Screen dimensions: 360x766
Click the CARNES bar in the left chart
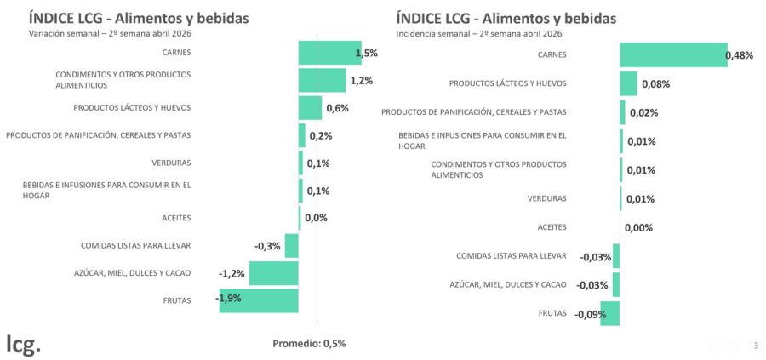(x=329, y=53)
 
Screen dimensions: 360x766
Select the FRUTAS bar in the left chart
(x=259, y=300)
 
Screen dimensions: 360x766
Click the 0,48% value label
(x=739, y=55)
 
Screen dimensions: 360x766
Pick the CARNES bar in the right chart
(x=673, y=54)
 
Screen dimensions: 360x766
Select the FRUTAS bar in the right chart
(x=609, y=313)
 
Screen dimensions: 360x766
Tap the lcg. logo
(x=23, y=345)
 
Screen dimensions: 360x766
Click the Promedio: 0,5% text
(x=309, y=343)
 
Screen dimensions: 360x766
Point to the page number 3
(x=755, y=345)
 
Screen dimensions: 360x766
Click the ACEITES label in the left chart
(x=176, y=218)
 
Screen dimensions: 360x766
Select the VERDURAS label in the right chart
(x=547, y=198)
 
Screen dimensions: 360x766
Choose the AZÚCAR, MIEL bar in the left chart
(x=273, y=273)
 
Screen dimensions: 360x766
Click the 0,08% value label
(x=655, y=84)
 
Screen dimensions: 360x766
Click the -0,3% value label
(x=267, y=246)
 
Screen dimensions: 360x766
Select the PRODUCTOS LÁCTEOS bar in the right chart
(x=628, y=83)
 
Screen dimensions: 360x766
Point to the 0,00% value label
(x=638, y=227)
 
